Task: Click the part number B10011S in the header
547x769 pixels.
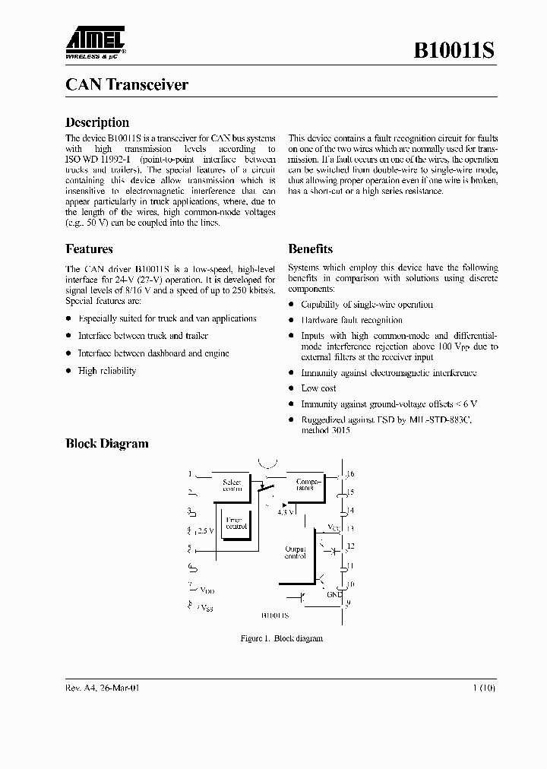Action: (x=454, y=51)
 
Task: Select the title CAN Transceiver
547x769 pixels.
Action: (x=127, y=85)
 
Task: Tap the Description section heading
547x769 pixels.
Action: (x=97, y=122)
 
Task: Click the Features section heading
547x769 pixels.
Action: (x=89, y=249)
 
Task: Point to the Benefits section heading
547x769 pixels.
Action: (x=310, y=249)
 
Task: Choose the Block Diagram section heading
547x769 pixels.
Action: (x=107, y=444)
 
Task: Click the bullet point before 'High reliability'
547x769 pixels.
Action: (x=69, y=371)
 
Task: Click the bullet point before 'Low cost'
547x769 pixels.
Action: (x=292, y=388)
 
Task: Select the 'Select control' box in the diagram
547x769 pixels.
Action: (x=231, y=486)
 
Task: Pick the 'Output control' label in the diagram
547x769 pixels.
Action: (x=295, y=552)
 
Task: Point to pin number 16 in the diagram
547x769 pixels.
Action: (x=350, y=474)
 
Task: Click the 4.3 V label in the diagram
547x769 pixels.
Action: (x=286, y=512)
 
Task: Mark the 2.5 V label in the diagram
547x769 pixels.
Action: (x=205, y=530)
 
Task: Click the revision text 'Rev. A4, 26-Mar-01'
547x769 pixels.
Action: (x=103, y=688)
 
